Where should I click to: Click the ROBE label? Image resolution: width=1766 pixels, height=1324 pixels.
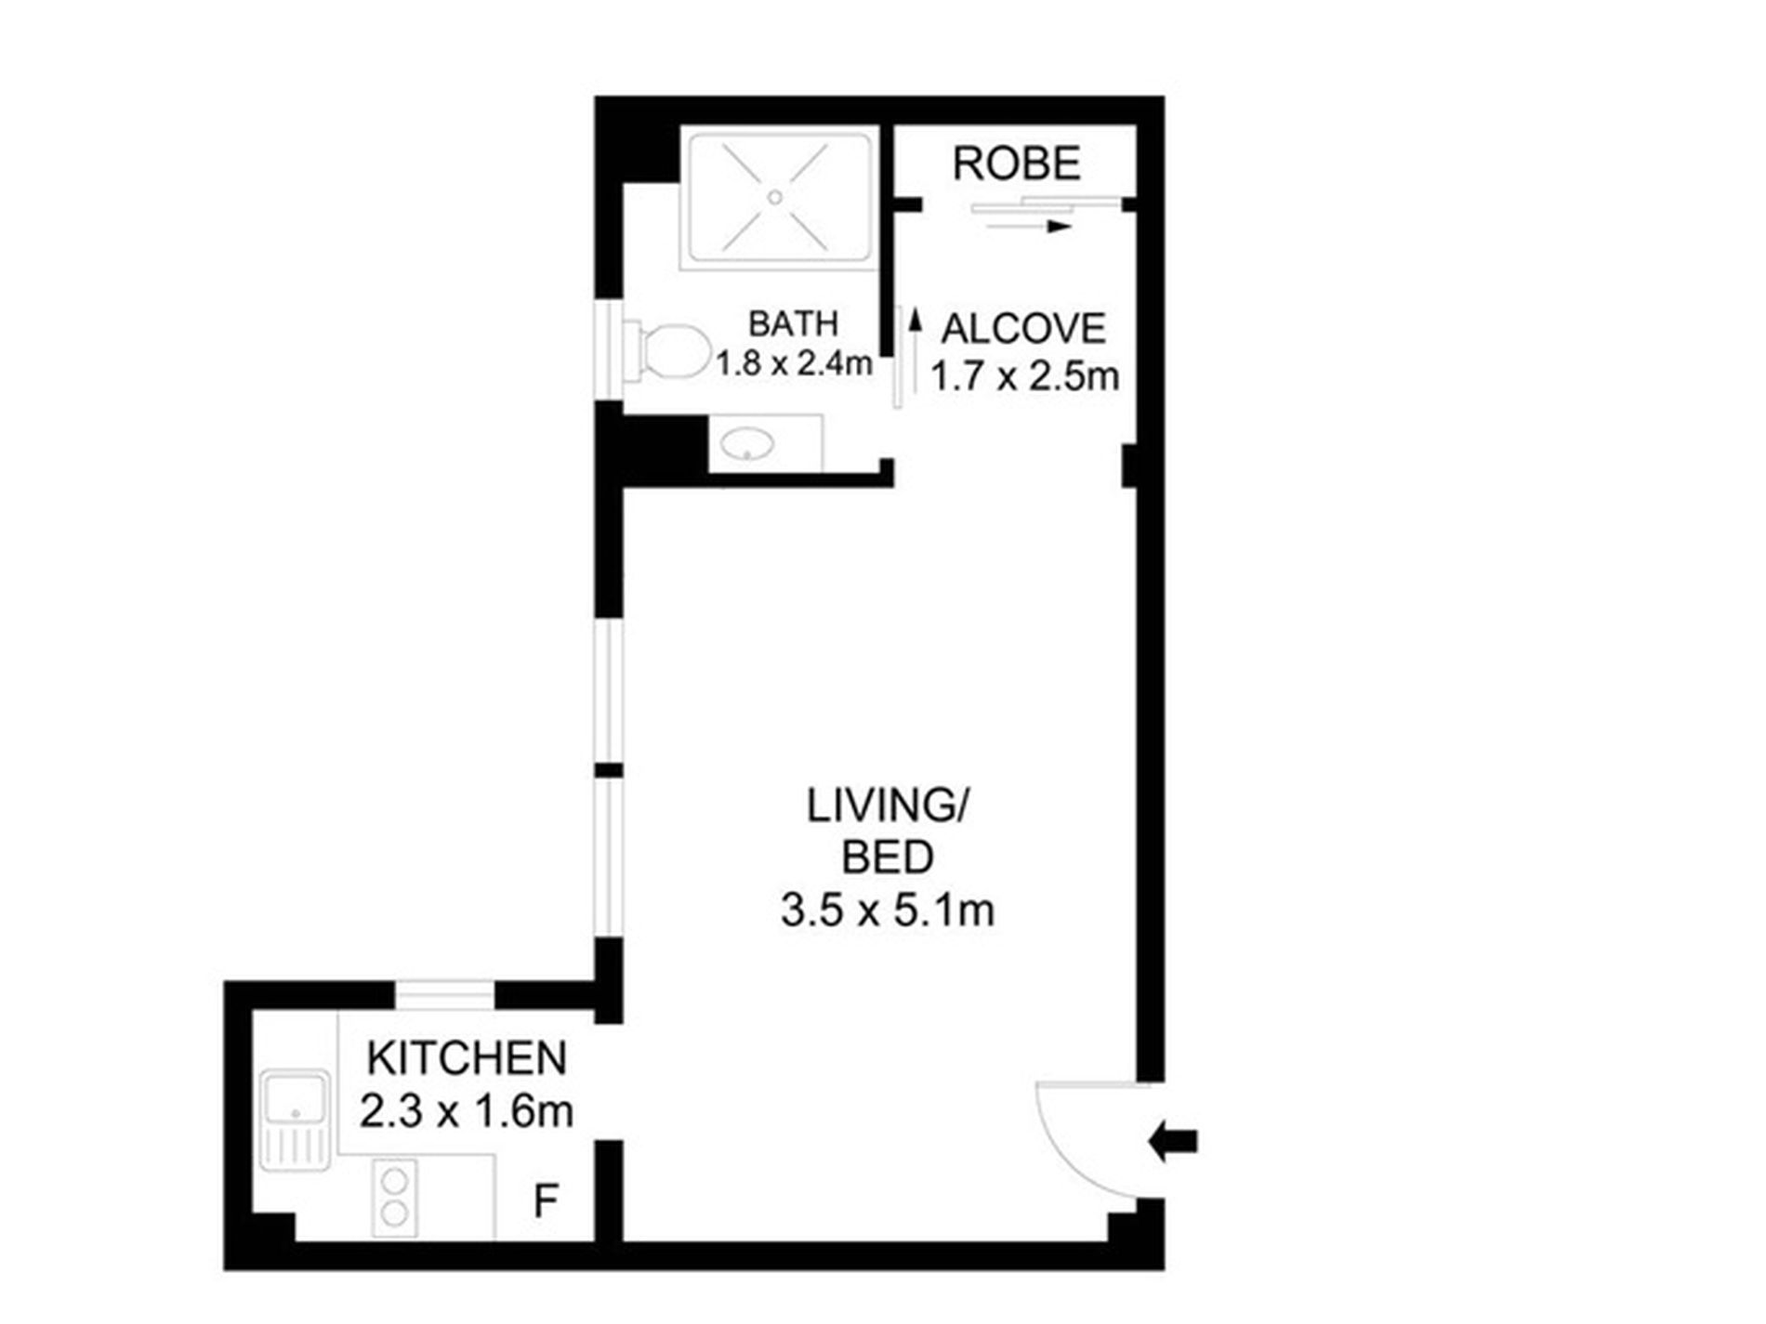click(x=1017, y=164)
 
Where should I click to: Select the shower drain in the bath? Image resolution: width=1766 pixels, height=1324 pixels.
click(x=774, y=197)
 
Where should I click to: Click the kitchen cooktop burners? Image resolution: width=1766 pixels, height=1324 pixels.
click(x=395, y=1197)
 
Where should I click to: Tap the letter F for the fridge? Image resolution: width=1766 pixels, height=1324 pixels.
click(x=546, y=1200)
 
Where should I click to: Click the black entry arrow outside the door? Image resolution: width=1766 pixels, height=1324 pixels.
click(x=1173, y=1141)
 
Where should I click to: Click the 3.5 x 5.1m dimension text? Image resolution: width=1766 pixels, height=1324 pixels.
click(x=888, y=911)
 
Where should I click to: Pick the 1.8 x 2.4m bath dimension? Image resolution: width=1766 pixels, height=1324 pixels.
click(x=794, y=363)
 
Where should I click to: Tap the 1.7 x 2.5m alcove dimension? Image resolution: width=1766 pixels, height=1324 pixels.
click(x=1024, y=377)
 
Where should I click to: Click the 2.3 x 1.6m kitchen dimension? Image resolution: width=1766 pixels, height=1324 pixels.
click(x=466, y=1111)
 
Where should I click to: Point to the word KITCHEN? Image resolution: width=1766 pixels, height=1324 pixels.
click(x=467, y=1058)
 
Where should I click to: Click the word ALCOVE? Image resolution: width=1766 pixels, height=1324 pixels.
click(x=1023, y=329)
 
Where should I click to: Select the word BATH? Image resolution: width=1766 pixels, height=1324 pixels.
click(x=794, y=323)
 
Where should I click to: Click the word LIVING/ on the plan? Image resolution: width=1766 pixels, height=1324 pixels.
click(x=888, y=806)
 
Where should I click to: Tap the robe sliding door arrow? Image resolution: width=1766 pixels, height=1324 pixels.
click(x=1029, y=226)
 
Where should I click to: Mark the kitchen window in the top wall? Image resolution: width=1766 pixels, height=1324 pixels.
click(x=445, y=994)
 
